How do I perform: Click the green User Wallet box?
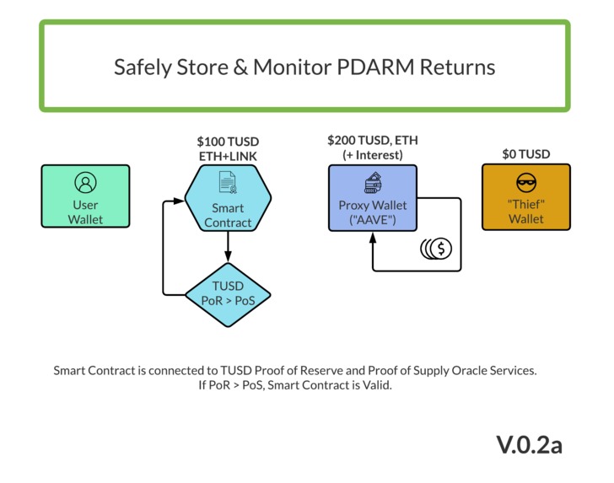(x=85, y=196)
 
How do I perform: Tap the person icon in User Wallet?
(x=85, y=182)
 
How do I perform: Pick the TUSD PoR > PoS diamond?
(x=228, y=294)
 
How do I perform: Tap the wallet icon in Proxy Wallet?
(x=372, y=182)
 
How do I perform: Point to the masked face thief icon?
(x=525, y=183)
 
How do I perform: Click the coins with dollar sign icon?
(x=437, y=249)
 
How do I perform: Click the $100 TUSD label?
(x=228, y=141)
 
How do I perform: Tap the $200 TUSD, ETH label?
(x=372, y=141)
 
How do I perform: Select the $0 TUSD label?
(x=525, y=154)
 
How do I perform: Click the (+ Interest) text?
(x=372, y=155)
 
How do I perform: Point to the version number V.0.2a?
(x=528, y=444)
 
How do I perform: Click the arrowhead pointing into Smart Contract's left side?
(x=179, y=201)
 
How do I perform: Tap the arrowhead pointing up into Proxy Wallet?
(x=372, y=238)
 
